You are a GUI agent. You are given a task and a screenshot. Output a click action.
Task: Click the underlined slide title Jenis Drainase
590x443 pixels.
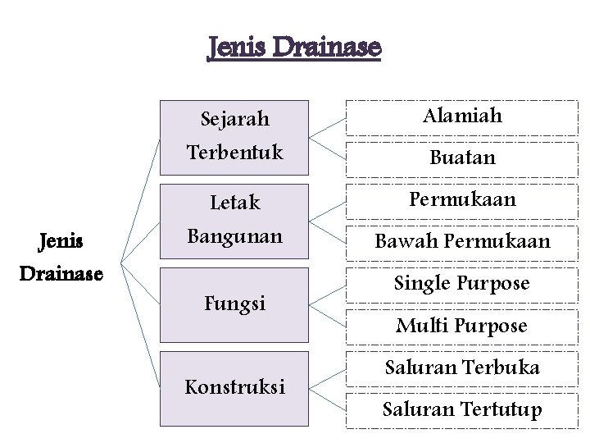pyautogui.click(x=294, y=48)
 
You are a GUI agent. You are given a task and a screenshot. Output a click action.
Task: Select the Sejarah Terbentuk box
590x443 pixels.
pyautogui.click(x=235, y=137)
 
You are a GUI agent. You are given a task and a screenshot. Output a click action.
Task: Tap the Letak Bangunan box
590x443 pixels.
pyautogui.click(x=235, y=221)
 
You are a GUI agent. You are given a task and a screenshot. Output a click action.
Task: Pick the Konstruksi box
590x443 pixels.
pyautogui.click(x=235, y=388)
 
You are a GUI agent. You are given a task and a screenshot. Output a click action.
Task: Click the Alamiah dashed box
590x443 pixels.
pyautogui.click(x=461, y=116)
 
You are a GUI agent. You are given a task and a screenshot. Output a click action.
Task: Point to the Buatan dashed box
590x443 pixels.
pyautogui.click(x=461, y=157)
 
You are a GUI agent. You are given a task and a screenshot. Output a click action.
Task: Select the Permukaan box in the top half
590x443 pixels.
pyautogui.click(x=461, y=199)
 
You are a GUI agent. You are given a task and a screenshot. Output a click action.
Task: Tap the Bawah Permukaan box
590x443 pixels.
pyautogui.click(x=461, y=241)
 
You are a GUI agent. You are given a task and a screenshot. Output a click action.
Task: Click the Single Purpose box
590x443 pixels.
pyautogui.click(x=461, y=284)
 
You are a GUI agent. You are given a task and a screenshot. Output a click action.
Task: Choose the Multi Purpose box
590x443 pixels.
pyautogui.click(x=461, y=326)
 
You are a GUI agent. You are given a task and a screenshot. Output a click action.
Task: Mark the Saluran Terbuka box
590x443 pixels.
pyautogui.click(x=461, y=368)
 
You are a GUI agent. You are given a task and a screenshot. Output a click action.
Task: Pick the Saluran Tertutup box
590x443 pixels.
pyautogui.click(x=461, y=409)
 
